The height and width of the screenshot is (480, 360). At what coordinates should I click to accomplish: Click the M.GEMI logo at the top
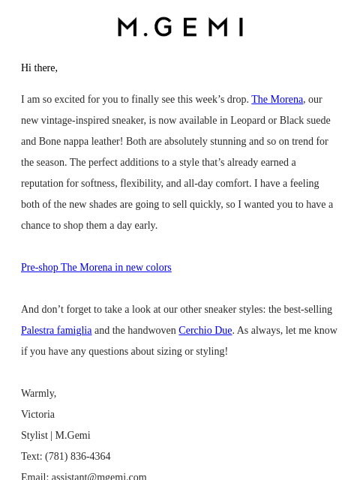(x=180, y=27)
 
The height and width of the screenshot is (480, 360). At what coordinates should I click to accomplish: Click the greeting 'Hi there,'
(x=39, y=67)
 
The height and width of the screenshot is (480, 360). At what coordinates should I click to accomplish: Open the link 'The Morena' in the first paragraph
(x=277, y=99)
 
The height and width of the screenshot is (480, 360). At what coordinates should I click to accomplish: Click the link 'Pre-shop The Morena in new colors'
(x=96, y=267)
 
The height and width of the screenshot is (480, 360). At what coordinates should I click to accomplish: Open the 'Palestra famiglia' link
(x=56, y=330)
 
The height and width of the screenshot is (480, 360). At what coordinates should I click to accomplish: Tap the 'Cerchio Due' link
(x=205, y=330)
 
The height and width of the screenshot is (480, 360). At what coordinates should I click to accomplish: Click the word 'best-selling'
(x=306, y=309)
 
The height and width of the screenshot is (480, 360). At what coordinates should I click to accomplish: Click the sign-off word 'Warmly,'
(x=38, y=393)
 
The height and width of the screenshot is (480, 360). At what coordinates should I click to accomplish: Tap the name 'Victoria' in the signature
(x=37, y=414)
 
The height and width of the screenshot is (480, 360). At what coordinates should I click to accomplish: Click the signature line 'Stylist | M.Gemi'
(x=55, y=435)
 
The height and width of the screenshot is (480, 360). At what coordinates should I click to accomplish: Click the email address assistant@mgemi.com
(x=99, y=476)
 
